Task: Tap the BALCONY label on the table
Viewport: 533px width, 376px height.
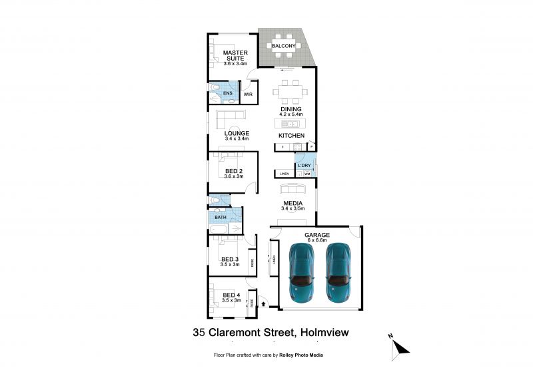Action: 284,46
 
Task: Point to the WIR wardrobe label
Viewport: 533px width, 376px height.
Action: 248,95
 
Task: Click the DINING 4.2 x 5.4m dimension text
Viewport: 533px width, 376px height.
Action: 291,114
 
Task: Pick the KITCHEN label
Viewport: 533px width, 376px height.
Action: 291,135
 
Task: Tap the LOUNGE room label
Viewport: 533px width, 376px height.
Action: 237,133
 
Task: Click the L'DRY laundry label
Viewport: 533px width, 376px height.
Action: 305,165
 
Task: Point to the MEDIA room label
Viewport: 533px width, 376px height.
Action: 293,203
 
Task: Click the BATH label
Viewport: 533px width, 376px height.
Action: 220,217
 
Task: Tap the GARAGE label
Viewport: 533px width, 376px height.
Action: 317,235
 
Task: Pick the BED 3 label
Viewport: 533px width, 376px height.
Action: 231,259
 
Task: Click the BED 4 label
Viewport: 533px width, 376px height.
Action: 231,295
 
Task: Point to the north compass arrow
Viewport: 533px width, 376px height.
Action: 399,346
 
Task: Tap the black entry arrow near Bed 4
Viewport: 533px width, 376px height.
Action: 265,303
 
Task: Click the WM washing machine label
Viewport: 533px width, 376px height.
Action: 308,174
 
